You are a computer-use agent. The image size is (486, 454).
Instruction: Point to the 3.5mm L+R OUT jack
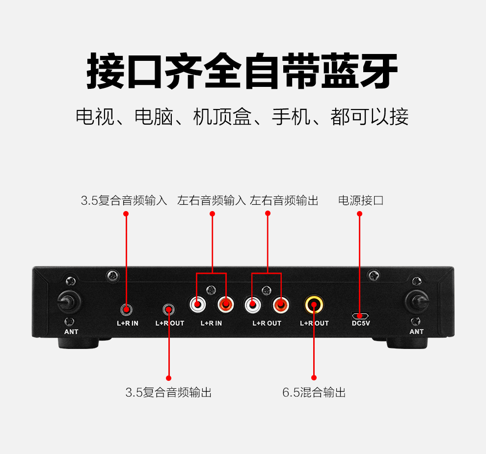coord(169,309)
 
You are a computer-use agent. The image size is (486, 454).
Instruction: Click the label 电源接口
coord(361,200)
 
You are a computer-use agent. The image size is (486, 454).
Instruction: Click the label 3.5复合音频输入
coord(124,200)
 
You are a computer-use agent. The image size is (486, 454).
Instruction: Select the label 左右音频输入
coord(212,200)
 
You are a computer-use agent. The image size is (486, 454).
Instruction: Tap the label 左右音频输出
coord(284,200)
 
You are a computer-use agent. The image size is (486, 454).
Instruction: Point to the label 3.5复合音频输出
coord(168,392)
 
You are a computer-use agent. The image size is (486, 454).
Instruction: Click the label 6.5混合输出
coord(314,392)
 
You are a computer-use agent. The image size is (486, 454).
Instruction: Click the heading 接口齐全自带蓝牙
coord(243,72)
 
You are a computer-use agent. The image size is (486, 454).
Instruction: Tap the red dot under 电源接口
coord(359,214)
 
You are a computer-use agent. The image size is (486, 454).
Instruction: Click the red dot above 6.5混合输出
coord(314,378)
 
